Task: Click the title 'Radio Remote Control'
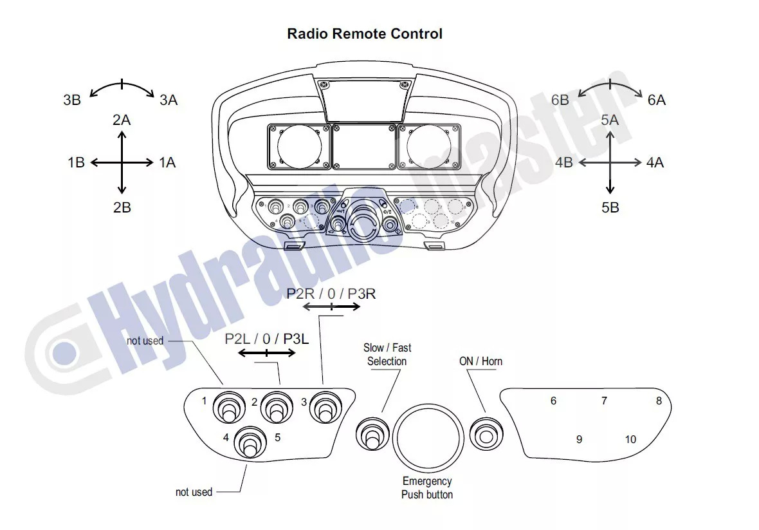point(365,33)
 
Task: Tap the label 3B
point(72,100)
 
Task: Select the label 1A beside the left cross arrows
point(167,162)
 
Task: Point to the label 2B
point(122,207)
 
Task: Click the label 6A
point(657,100)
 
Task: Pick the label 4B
point(564,162)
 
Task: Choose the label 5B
point(610,207)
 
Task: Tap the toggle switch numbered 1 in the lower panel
point(228,407)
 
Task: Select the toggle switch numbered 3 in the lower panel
point(324,407)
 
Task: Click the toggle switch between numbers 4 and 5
point(250,442)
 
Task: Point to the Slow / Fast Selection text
point(387,354)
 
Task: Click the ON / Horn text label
point(480,361)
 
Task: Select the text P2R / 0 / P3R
point(331,294)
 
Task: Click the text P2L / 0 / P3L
point(267,339)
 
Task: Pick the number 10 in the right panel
point(630,439)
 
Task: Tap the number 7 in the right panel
point(604,401)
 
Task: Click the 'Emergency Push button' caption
point(427,487)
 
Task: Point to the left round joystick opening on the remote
point(298,146)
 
